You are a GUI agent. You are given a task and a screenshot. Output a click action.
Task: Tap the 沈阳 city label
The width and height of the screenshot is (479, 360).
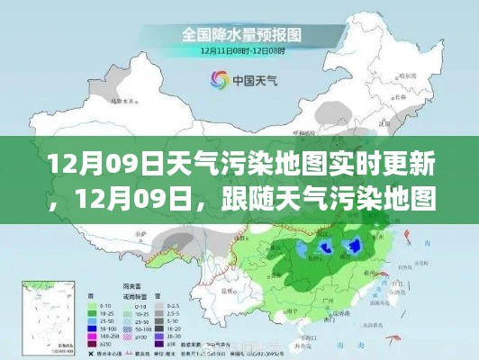click(x=388, y=127)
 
